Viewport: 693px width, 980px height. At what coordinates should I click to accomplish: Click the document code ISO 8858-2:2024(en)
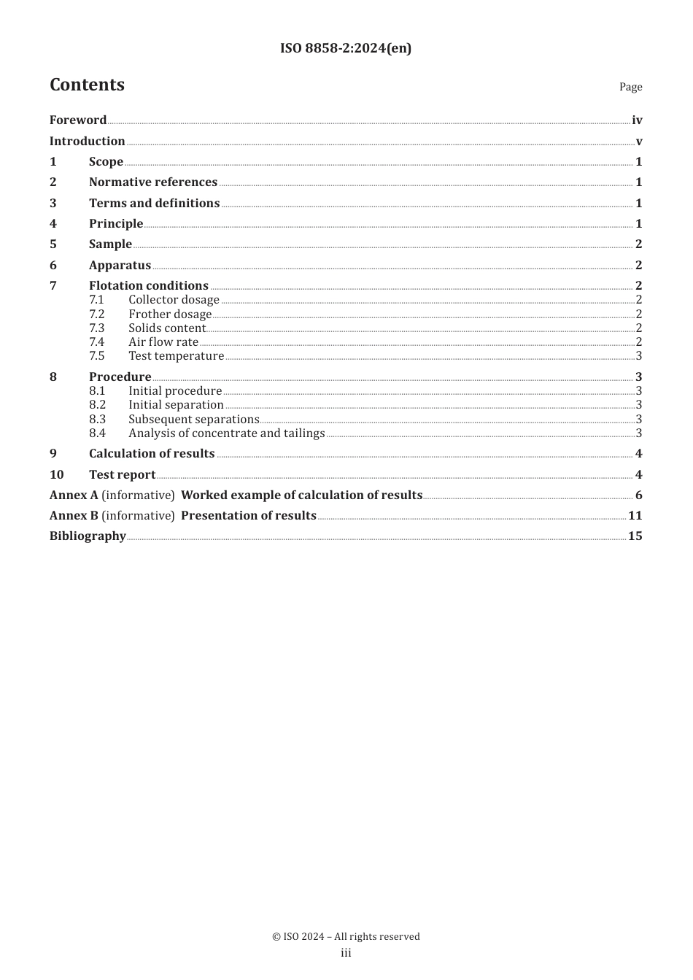(346, 49)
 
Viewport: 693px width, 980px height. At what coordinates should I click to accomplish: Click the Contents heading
(87, 85)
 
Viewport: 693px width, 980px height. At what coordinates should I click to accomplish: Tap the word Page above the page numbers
(630, 87)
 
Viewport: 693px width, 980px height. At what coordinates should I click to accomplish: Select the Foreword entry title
(78, 120)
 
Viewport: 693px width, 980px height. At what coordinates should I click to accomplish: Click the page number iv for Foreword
(637, 120)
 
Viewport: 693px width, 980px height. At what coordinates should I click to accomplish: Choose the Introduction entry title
(87, 142)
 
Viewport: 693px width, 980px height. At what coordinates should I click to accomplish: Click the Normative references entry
(153, 182)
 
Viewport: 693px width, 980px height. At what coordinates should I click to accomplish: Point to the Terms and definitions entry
(154, 204)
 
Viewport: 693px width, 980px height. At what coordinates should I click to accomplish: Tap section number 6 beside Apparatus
(53, 266)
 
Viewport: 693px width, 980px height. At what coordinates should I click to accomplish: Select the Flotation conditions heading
(149, 286)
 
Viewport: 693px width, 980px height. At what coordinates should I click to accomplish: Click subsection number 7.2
(97, 315)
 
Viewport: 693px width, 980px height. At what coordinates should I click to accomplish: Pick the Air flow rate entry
(163, 342)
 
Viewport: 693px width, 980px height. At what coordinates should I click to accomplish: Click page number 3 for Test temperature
(639, 356)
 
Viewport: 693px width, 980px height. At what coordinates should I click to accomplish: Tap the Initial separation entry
(176, 405)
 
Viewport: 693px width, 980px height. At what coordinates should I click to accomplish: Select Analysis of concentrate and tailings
(226, 433)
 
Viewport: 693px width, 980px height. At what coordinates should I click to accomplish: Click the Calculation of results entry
(152, 454)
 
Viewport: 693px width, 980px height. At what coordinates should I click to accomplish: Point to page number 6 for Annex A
(638, 495)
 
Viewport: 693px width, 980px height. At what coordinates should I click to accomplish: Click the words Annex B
(74, 516)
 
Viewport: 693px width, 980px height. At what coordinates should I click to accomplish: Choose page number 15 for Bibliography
(635, 536)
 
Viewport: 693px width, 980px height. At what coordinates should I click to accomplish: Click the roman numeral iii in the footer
(346, 953)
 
